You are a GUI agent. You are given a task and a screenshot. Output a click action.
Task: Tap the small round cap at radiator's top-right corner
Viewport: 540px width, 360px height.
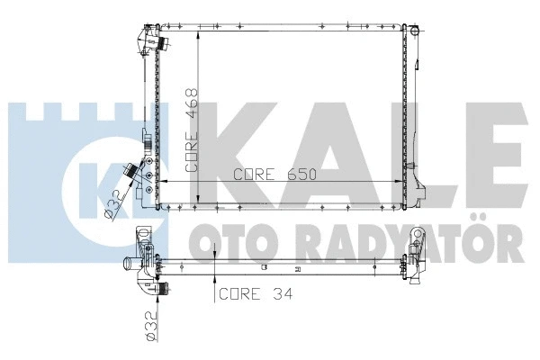415,31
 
